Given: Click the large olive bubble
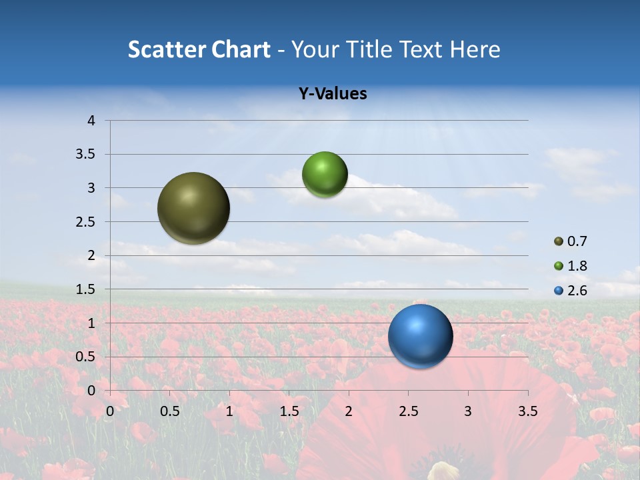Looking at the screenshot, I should [x=194, y=208].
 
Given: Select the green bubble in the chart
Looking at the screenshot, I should [x=325, y=175].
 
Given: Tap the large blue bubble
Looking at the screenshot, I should [x=420, y=336].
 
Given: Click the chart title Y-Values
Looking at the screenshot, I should [x=332, y=94].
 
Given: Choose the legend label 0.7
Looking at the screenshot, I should [x=577, y=241].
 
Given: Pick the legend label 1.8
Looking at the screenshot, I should [x=577, y=266].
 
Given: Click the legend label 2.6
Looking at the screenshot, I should [x=577, y=291].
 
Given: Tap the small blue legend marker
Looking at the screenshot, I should [x=559, y=291].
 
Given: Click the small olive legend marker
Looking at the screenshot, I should [x=559, y=241].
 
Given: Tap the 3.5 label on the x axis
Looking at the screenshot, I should [x=527, y=411].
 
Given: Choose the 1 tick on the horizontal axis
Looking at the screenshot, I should [x=229, y=411].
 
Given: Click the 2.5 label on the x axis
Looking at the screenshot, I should [x=408, y=411].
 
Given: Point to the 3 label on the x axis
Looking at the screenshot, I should [x=468, y=411].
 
